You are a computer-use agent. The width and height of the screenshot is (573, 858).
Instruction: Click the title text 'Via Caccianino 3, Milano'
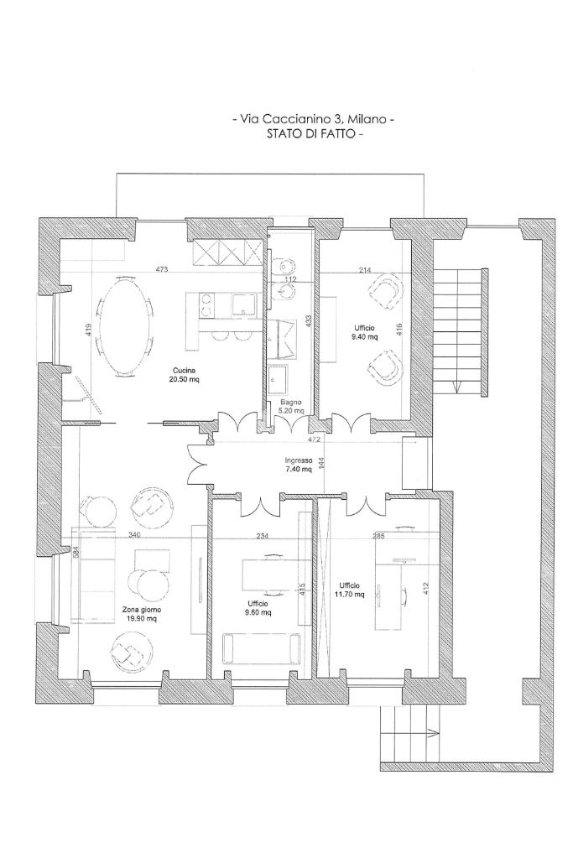coord(313,120)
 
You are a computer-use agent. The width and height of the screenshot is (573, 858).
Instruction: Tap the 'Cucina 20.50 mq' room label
coord(185,374)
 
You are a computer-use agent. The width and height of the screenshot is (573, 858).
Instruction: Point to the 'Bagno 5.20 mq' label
coord(291,407)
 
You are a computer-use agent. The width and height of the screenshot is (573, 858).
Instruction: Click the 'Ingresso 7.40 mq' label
coord(299,465)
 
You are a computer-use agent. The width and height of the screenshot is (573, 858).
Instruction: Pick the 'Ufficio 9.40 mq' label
coord(366,332)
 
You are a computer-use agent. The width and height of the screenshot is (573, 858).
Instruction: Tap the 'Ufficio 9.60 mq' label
coord(258,608)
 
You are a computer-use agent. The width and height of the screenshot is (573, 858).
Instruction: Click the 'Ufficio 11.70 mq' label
coord(351,590)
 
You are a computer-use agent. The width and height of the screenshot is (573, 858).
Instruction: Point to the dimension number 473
coord(162,269)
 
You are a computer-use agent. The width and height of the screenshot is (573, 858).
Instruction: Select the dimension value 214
coord(365,269)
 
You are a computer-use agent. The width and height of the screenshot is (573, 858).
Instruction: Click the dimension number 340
coord(134,534)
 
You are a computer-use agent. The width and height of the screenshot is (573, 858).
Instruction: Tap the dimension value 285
coord(378,534)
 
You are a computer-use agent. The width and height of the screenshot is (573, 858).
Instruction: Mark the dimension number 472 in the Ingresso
coord(315,439)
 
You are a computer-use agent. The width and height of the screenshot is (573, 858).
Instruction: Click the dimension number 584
coord(76,552)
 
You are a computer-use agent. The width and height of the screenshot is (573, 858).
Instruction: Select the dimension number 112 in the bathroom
coord(290,279)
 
